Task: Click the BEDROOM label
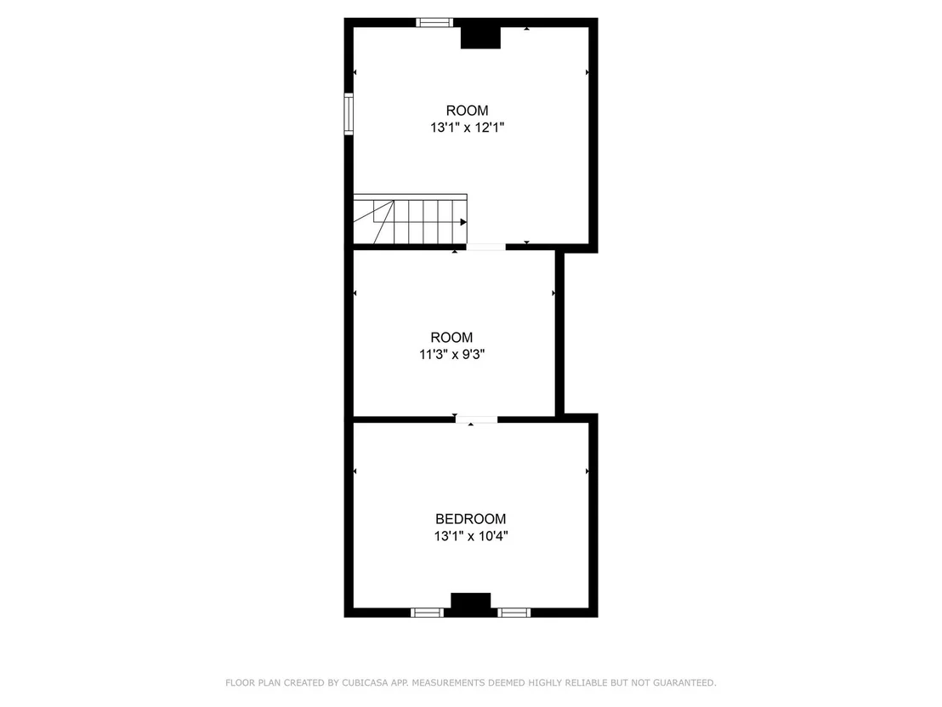[x=470, y=519]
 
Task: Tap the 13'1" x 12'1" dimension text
[x=467, y=128]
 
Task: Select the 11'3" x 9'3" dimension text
[x=451, y=355]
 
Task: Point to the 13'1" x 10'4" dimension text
[x=471, y=536]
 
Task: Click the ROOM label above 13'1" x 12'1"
[x=467, y=111]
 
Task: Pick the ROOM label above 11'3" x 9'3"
[x=451, y=337]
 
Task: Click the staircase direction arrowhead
[x=463, y=222]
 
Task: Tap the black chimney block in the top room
[x=480, y=37]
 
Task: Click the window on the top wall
[x=434, y=23]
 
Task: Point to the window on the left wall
[x=349, y=114]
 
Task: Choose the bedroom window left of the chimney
[x=427, y=613]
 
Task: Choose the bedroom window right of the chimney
[x=514, y=613]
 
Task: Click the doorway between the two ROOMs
[x=486, y=247]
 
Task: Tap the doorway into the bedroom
[x=476, y=419]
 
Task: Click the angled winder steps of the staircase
[x=374, y=222]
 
